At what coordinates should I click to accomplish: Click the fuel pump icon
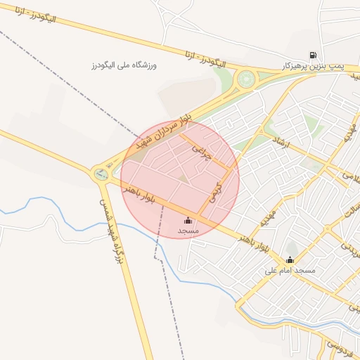tap(312, 55)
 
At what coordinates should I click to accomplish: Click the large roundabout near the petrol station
tap(246, 79)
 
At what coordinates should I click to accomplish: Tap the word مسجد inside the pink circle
tap(188, 231)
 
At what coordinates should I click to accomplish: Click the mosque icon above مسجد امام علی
tap(290, 260)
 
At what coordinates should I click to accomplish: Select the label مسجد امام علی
tap(290, 271)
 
